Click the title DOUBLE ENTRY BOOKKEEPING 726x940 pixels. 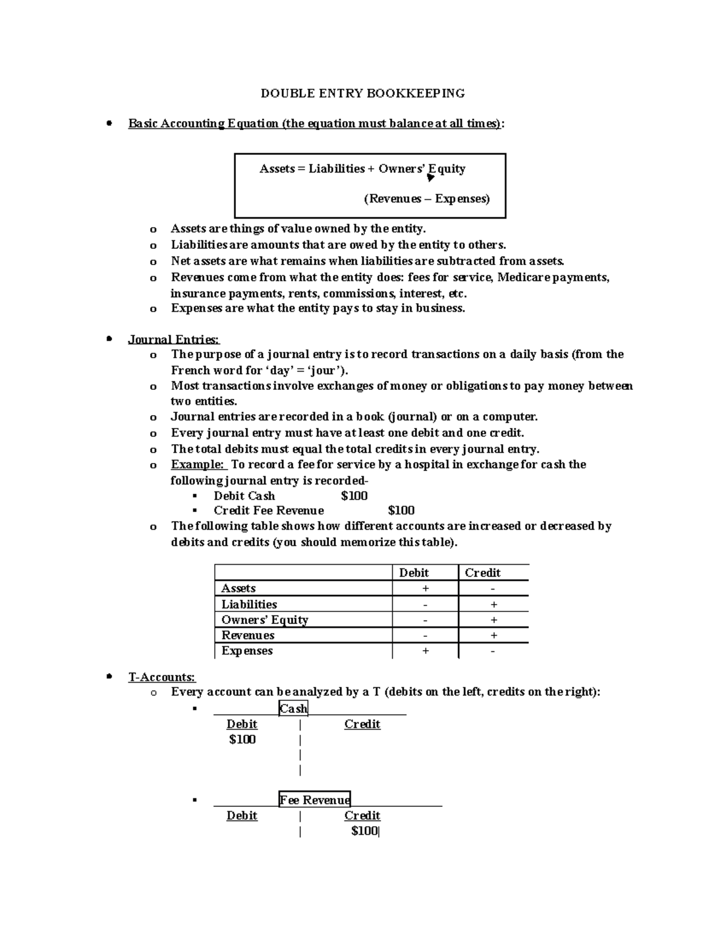(x=362, y=93)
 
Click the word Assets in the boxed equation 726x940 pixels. (x=277, y=169)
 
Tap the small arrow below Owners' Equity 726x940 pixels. (x=430, y=178)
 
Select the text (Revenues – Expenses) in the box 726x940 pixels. (x=427, y=199)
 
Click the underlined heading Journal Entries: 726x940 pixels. (x=174, y=340)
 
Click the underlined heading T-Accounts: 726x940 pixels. (x=162, y=677)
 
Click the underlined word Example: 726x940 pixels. (x=198, y=464)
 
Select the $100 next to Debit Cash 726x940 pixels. (x=354, y=496)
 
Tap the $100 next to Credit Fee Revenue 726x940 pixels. (x=401, y=510)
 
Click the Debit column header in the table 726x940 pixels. (x=414, y=573)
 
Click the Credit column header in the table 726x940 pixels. (x=482, y=573)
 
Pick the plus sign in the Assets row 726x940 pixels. (x=426, y=588)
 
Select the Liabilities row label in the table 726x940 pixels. (x=249, y=604)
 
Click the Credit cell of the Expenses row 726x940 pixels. (x=493, y=651)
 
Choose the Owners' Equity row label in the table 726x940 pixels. (x=264, y=620)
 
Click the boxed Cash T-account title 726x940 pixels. (x=293, y=708)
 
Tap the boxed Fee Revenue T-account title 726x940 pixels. (x=315, y=800)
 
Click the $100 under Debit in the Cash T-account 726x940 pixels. (x=242, y=739)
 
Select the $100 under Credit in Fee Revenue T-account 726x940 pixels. (x=364, y=830)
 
